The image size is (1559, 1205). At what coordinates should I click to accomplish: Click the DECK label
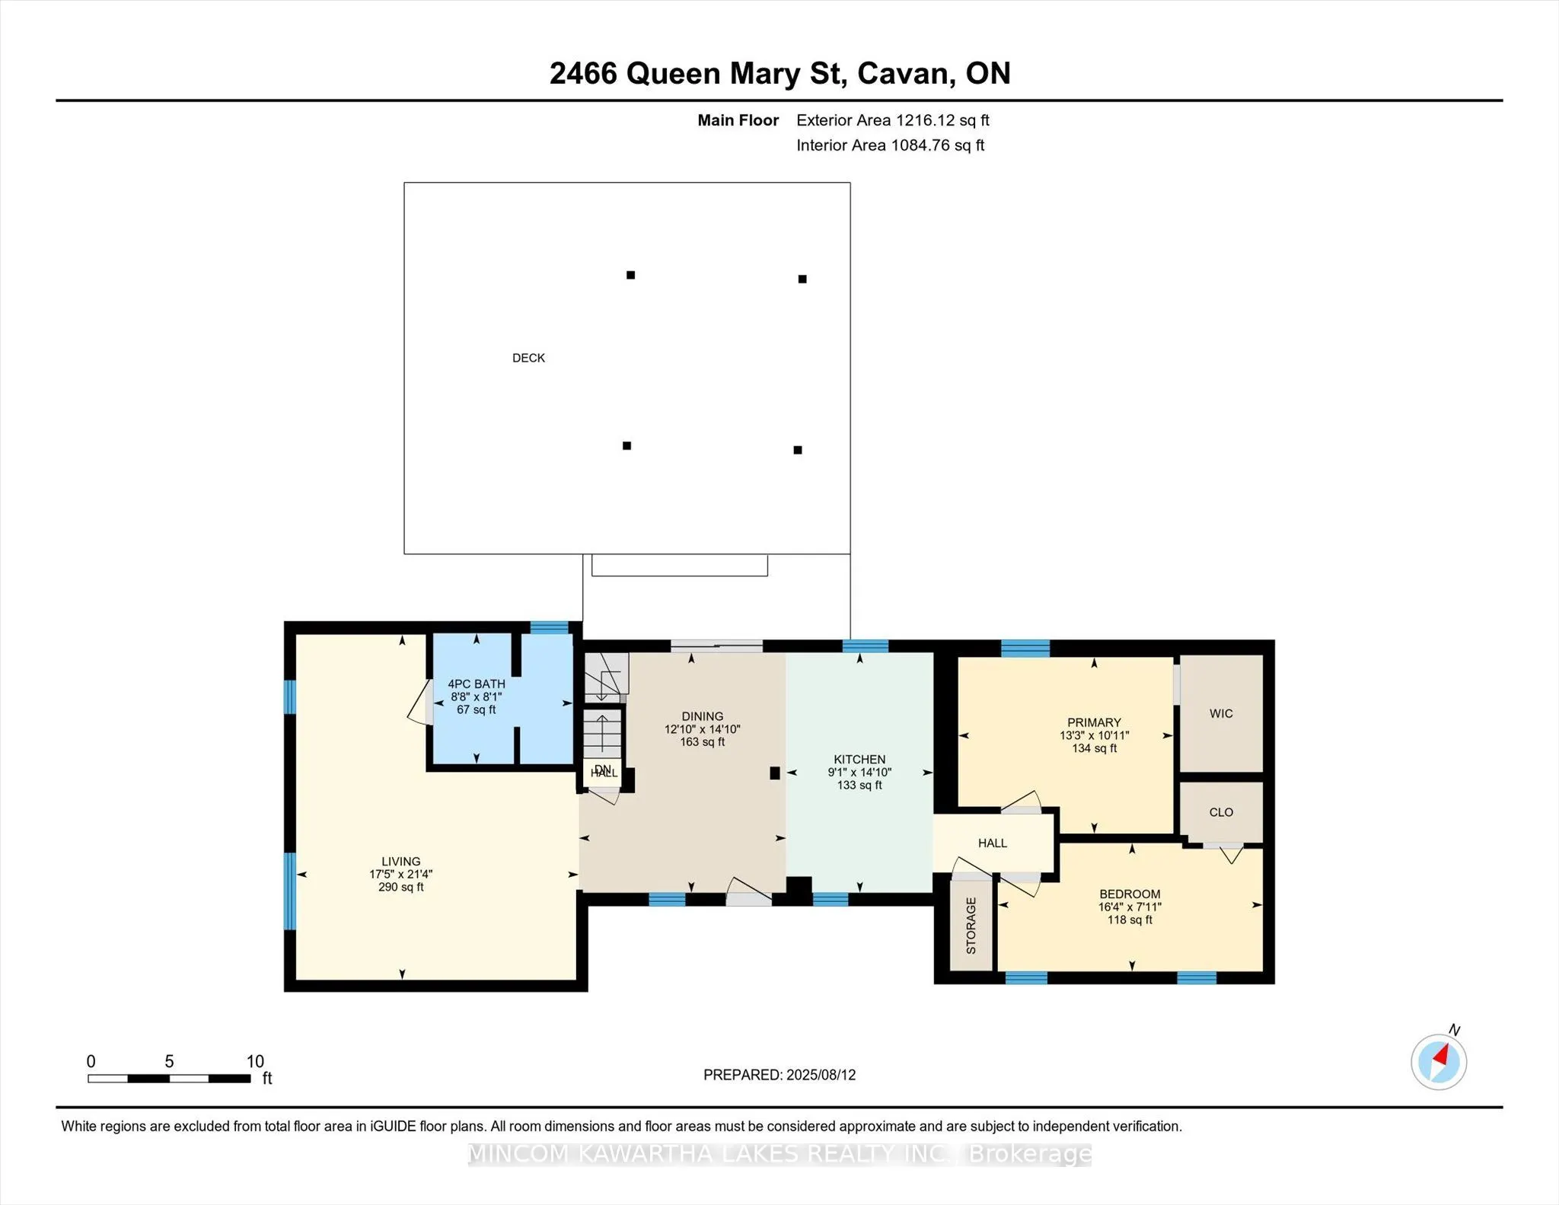(x=528, y=358)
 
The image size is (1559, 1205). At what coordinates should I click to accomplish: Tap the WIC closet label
(x=1221, y=713)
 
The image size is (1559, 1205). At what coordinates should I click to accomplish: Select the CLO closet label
(x=1221, y=812)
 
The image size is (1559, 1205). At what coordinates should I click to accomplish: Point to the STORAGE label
(x=971, y=926)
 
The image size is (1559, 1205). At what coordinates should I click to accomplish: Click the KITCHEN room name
(x=859, y=759)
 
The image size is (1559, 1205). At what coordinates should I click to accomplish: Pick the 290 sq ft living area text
(x=401, y=887)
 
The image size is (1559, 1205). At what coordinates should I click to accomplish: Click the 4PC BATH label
(x=477, y=684)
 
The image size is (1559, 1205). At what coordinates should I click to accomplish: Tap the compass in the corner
(x=1438, y=1061)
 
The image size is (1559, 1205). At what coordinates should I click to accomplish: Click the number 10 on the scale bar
(x=255, y=1061)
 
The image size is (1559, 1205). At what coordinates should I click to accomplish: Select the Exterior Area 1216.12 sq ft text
(x=893, y=120)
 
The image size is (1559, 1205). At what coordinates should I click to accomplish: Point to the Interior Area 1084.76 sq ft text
(x=891, y=145)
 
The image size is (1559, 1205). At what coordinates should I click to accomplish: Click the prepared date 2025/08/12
(x=821, y=1075)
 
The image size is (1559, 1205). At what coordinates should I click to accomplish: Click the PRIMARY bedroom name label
(x=1094, y=722)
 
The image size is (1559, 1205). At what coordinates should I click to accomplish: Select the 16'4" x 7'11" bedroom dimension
(x=1130, y=907)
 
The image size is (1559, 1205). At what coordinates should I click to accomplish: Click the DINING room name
(x=702, y=716)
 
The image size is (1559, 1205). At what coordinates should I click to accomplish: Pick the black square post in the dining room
(x=775, y=773)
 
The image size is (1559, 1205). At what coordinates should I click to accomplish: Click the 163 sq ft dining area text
(x=702, y=741)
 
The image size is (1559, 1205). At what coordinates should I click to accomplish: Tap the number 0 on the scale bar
(x=91, y=1061)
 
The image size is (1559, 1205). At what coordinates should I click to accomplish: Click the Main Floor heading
(x=738, y=120)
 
